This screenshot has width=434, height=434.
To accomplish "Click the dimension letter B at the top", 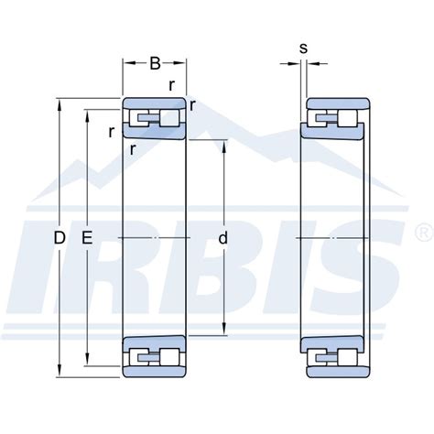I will (155, 64).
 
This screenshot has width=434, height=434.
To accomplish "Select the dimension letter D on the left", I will (60, 238).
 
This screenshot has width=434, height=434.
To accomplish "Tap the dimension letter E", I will (88, 238).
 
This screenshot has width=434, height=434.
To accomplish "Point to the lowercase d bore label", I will (224, 238).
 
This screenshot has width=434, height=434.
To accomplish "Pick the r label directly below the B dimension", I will (172, 85).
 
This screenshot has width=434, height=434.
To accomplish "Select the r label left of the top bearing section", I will (111, 131).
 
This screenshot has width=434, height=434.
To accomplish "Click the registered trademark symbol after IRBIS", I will (421, 225).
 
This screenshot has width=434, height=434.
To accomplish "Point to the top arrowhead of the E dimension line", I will (88, 114).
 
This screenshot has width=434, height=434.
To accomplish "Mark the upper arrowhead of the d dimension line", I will (224, 143).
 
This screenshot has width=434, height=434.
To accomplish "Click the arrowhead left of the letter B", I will (127, 64).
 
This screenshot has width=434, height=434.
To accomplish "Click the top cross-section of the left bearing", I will (155, 118).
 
